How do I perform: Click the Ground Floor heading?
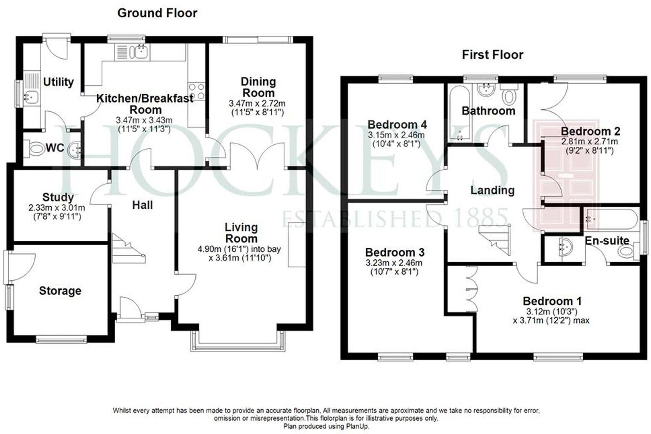click(x=157, y=13)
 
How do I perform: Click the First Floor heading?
click(x=492, y=55)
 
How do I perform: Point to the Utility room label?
click(x=58, y=82)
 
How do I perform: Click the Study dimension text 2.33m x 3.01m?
click(x=57, y=208)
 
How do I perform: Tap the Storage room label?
click(x=60, y=291)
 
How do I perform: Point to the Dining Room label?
click(x=258, y=87)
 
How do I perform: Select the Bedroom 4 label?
click(x=397, y=124)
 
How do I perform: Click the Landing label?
click(x=492, y=190)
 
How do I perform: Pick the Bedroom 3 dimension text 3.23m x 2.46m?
click(x=394, y=263)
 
